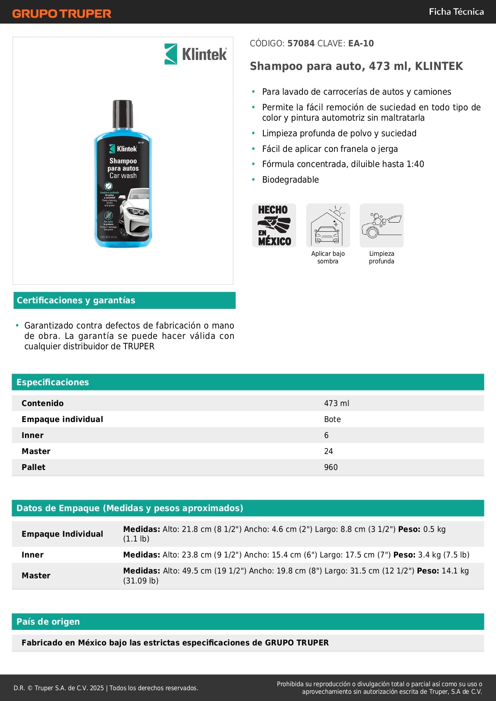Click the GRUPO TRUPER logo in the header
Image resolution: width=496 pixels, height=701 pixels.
pyautogui.click(x=62, y=14)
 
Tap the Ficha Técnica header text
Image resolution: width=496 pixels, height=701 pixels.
pyautogui.click(x=456, y=12)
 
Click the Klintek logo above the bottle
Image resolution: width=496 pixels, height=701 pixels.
pyautogui.click(x=196, y=54)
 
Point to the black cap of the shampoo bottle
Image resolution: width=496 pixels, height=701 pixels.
pyautogui.click(x=123, y=114)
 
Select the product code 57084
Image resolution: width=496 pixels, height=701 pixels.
pyautogui.click(x=301, y=44)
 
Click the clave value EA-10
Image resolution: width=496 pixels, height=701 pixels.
pyautogui.click(x=361, y=44)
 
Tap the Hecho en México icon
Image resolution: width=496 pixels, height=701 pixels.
pyautogui.click(x=274, y=225)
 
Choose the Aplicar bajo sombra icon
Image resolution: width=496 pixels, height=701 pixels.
pyautogui.click(x=328, y=225)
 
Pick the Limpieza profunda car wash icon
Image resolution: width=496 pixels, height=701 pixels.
pyautogui.click(x=381, y=225)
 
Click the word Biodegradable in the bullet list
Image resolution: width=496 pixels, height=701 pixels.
pyautogui.click(x=291, y=180)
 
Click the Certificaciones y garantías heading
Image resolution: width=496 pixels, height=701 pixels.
pyautogui.click(x=76, y=301)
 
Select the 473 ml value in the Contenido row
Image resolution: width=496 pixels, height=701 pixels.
pyautogui.click(x=337, y=403)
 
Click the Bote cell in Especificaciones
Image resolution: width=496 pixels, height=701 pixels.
pyautogui.click(x=333, y=419)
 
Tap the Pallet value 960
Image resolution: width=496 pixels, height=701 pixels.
pyautogui.click(x=331, y=467)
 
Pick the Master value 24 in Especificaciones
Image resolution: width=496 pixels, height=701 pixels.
pyautogui.click(x=329, y=451)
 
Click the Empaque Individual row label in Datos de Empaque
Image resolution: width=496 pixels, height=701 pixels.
pyautogui.click(x=62, y=534)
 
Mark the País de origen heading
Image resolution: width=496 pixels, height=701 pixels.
pyautogui.click(x=48, y=622)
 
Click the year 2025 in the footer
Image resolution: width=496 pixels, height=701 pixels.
pyautogui.click(x=97, y=688)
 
